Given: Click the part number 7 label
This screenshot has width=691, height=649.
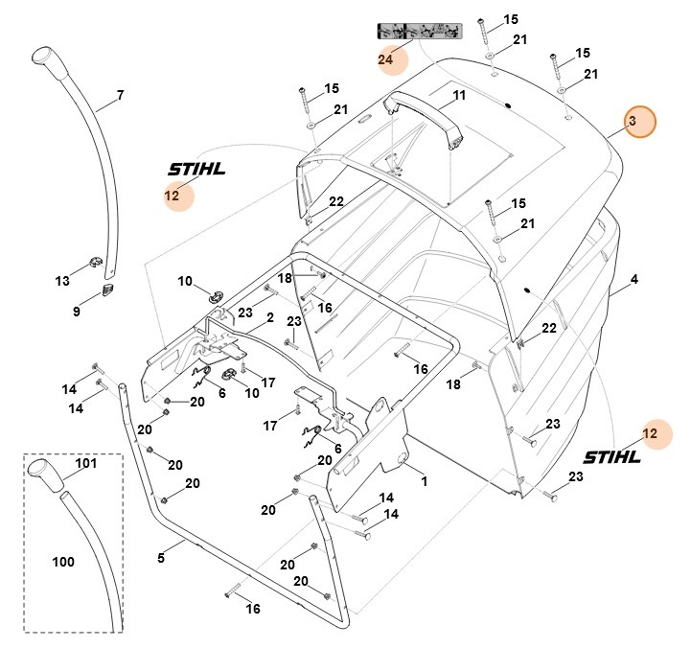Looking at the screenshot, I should [120, 95].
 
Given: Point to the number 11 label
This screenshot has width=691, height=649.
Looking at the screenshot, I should [459, 96].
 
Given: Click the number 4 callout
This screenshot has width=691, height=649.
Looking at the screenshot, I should [633, 281].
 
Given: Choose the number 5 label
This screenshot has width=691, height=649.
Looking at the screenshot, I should [161, 555].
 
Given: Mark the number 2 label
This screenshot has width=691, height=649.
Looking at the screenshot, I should [270, 316].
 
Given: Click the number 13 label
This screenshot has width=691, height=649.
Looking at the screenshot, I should [62, 281].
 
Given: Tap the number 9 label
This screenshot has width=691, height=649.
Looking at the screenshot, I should [77, 312].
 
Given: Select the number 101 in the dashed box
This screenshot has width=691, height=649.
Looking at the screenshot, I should [86, 464].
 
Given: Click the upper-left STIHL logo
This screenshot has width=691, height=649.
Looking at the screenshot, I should [196, 170].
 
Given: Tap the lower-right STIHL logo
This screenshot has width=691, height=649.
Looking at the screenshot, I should [610, 456].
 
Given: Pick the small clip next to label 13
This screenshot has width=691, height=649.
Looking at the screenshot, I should [94, 259].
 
